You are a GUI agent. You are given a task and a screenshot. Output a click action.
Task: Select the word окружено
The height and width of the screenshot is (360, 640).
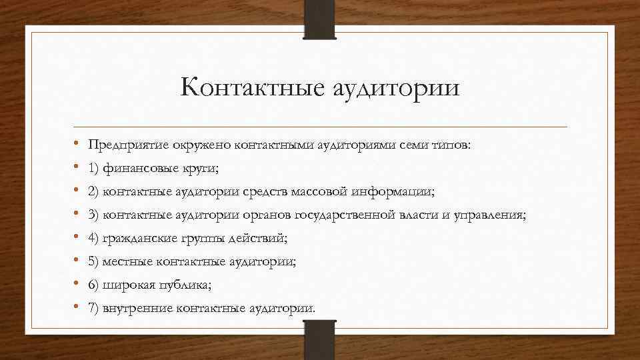[198, 146]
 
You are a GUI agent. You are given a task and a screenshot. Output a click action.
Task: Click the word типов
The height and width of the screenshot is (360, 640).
[451, 146]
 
